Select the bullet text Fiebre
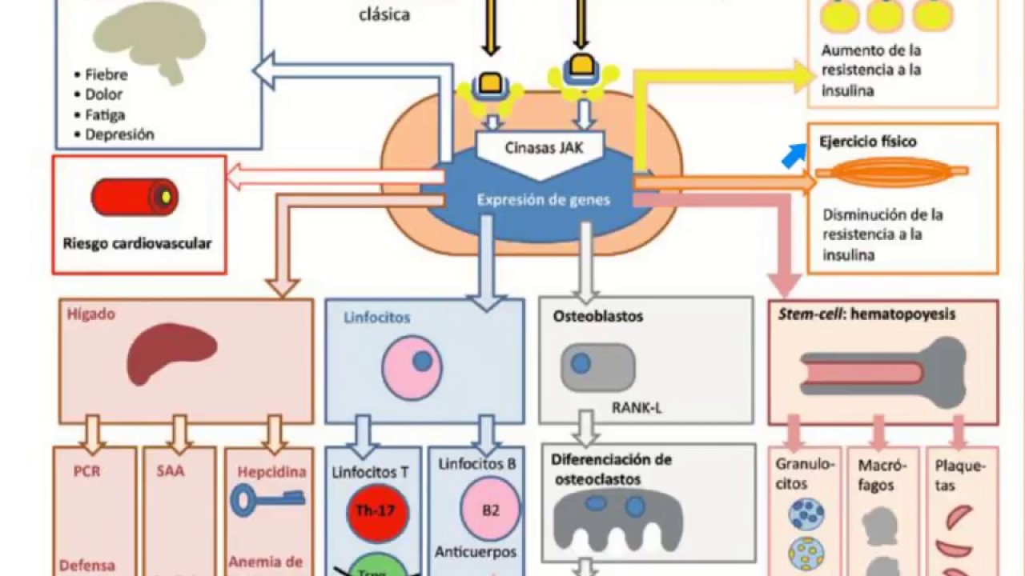point(107,75)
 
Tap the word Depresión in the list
point(119,134)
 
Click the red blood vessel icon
point(135,197)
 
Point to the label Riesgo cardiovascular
point(137,243)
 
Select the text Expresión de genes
point(543,200)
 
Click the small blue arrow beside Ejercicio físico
point(794,155)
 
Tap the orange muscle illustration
point(892,171)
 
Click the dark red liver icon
point(171,354)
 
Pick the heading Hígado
point(92,314)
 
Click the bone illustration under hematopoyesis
point(882,372)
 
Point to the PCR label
point(86,471)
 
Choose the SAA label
point(171,471)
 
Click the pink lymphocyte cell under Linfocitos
point(412,366)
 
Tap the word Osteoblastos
point(598,316)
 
